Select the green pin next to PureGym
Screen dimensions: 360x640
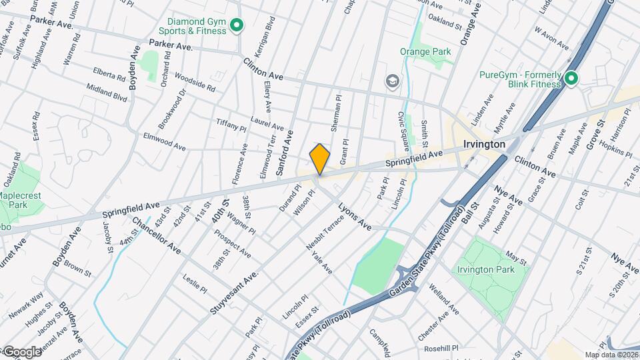(x=571, y=79)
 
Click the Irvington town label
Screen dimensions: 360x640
(x=483, y=144)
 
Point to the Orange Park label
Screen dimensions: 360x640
(x=425, y=51)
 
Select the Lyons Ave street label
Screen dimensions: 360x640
(x=354, y=217)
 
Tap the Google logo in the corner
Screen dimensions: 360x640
(x=21, y=351)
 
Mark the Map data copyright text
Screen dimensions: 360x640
(x=611, y=355)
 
